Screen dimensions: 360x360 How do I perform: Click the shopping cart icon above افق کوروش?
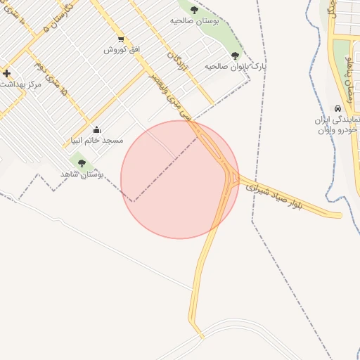[121, 39]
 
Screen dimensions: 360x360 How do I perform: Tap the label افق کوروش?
[123, 50]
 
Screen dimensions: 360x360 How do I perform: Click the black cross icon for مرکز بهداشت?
[6, 73]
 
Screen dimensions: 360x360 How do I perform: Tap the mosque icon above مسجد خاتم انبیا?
[96, 129]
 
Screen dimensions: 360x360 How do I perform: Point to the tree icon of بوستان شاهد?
[82, 163]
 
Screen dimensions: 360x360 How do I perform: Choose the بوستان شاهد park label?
[82, 173]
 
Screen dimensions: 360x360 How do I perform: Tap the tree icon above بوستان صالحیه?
[194, 10]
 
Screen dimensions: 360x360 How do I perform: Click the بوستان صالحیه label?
[195, 21]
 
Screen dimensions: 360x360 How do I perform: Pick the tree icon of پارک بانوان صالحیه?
[234, 56]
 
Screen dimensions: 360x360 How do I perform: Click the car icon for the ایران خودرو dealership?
[339, 108]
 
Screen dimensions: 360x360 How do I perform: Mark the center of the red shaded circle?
[180, 180]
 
